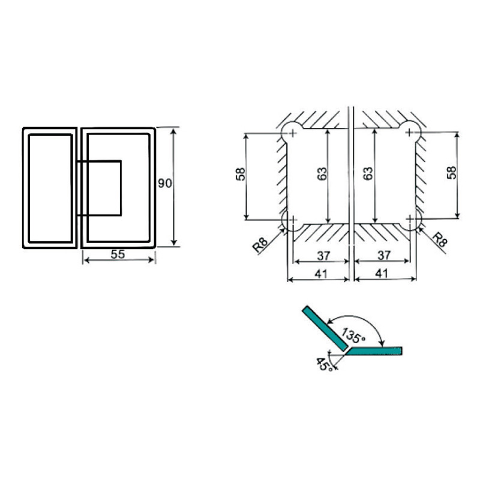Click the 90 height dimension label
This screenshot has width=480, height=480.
(164, 184)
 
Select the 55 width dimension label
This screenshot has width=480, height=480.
(118, 254)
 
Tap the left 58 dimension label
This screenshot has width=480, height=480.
(241, 174)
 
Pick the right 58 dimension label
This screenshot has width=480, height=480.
(451, 172)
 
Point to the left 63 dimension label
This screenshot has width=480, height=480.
(322, 173)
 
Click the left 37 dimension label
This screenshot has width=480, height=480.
(323, 256)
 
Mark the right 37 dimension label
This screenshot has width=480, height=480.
(384, 254)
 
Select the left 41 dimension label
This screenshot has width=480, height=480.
(321, 274)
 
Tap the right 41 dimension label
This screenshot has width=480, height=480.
(382, 273)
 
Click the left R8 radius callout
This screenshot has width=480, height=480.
(260, 245)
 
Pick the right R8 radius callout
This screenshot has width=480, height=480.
(440, 239)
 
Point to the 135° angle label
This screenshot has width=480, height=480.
(353, 335)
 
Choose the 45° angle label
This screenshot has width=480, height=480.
(324, 364)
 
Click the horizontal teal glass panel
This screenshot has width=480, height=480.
(374, 351)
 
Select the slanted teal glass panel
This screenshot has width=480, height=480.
(325, 328)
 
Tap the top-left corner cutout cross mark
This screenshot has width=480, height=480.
(293, 133)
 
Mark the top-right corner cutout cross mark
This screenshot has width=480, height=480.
(409, 133)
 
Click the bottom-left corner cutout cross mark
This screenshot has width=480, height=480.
(293, 220)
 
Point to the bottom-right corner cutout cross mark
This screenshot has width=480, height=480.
(410, 218)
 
